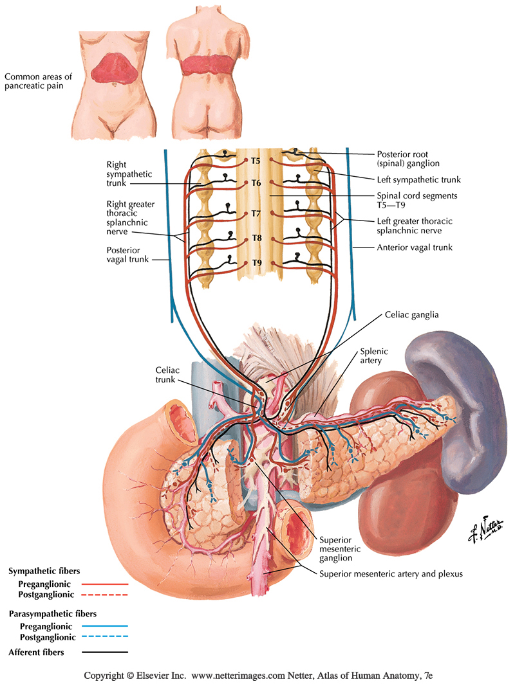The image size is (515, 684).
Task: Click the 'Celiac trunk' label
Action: click(169, 375)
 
